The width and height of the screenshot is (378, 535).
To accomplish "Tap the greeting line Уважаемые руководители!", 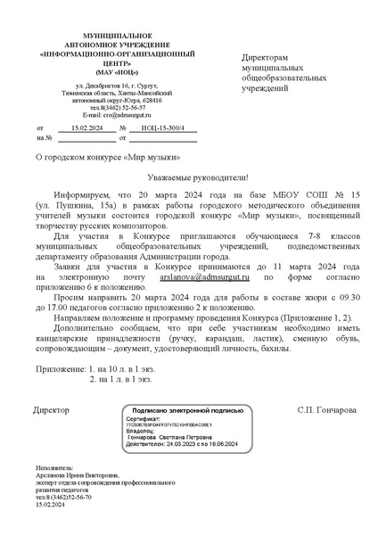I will tap(188, 178).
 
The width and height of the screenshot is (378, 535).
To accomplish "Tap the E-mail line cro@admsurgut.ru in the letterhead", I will tap(104, 115).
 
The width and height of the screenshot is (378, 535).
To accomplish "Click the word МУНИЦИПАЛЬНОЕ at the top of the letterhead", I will tap(104, 33).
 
